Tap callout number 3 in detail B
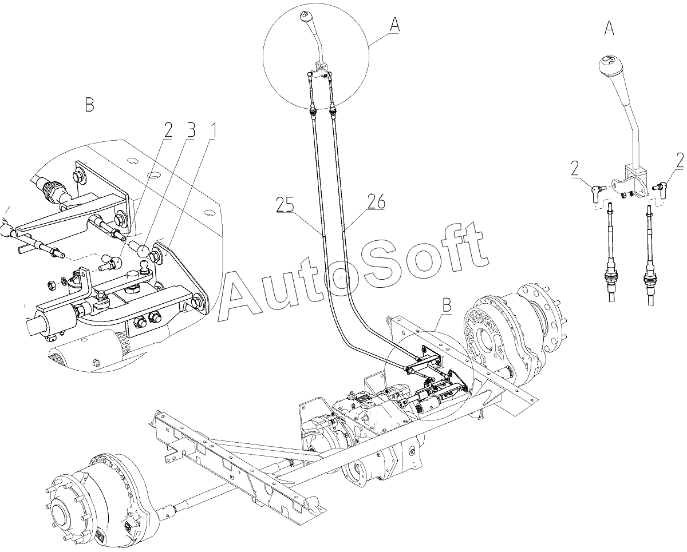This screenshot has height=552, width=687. click(190, 131)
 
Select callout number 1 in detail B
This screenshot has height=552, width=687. click(212, 131)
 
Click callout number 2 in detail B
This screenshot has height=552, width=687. click(167, 131)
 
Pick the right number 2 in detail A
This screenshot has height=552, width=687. click(680, 161)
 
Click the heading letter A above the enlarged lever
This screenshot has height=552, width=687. click(610, 29)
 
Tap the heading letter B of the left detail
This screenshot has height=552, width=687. click(89, 106)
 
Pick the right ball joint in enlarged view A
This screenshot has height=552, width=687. click(660, 186)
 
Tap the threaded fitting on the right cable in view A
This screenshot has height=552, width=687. click(650, 279)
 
